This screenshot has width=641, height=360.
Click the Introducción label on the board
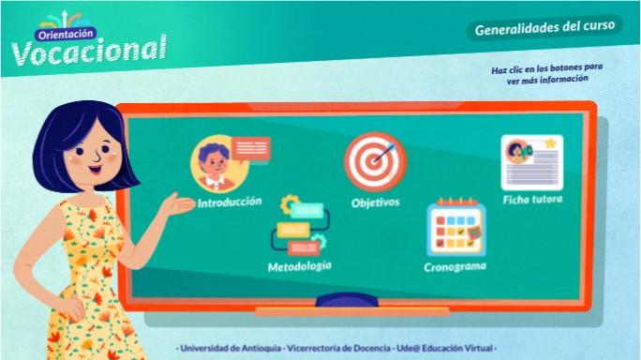click(230, 202)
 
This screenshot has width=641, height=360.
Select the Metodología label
click(299, 266)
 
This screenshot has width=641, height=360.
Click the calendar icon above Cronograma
click(454, 228)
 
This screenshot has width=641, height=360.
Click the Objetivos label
click(375, 202)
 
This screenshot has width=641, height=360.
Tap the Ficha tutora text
click(532, 200)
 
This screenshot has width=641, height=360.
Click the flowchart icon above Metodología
click(299, 226)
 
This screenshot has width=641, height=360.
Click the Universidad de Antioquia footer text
click(230, 347)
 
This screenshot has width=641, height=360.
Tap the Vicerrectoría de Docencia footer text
click(339, 347)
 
